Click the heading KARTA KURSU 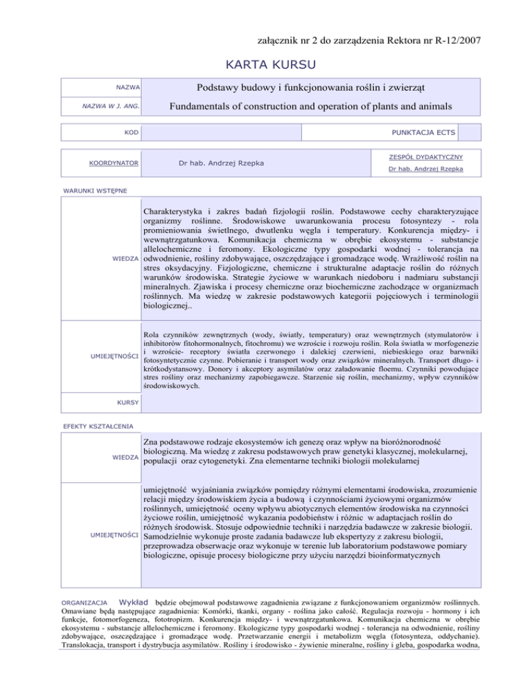[x=266, y=66]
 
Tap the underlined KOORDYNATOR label [x=117, y=163]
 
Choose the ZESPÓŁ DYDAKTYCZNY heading [x=426, y=157]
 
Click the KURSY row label [x=130, y=401]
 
